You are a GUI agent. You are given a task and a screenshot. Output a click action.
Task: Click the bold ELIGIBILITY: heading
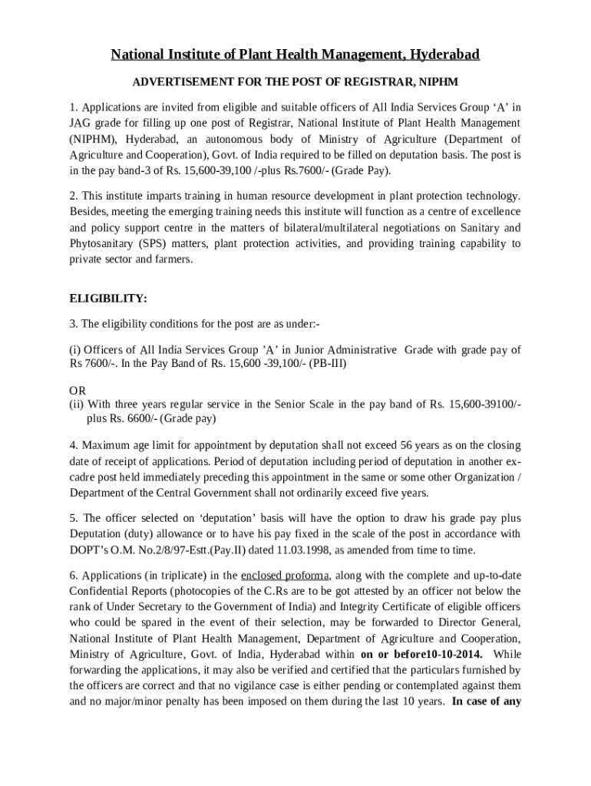click(x=108, y=298)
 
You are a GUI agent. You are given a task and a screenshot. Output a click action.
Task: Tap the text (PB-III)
click(x=328, y=363)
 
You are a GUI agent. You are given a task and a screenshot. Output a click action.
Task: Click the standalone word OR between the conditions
click(x=78, y=391)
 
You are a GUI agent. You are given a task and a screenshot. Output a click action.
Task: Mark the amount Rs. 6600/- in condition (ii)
click(x=132, y=418)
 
